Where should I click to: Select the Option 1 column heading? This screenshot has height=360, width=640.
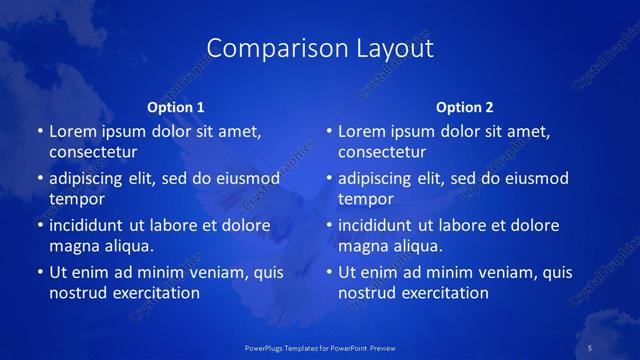pyautogui.click(x=176, y=107)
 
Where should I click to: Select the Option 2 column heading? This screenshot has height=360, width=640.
pyautogui.click(x=465, y=107)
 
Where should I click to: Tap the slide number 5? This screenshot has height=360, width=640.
pyautogui.click(x=590, y=347)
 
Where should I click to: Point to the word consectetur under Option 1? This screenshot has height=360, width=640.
pyautogui.click(x=93, y=152)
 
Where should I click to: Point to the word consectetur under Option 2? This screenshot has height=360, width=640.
pyautogui.click(x=382, y=152)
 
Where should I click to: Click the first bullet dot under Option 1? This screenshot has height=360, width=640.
pyautogui.click(x=40, y=132)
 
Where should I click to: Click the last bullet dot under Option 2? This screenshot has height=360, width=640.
pyautogui.click(x=329, y=272)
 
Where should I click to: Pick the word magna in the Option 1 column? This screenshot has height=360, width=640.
pyautogui.click(x=72, y=246)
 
